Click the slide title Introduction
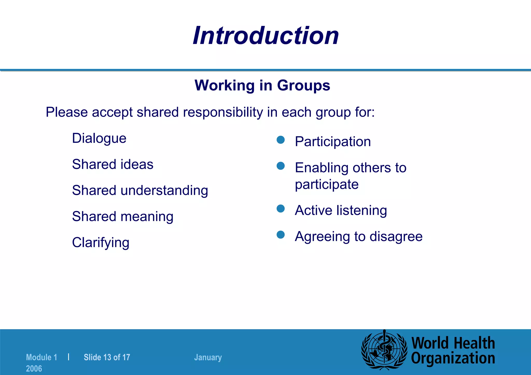(x=266, y=36)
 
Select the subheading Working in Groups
(x=262, y=85)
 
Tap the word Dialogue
(x=99, y=138)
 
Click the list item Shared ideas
(x=113, y=164)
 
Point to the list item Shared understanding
(x=140, y=190)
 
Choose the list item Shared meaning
(x=123, y=217)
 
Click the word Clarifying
(x=101, y=243)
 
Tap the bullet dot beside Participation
(x=281, y=140)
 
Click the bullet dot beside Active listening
(x=281, y=209)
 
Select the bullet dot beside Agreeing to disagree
(x=281, y=235)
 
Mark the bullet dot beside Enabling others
(x=281, y=166)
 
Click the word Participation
(x=333, y=142)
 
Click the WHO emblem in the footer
(x=384, y=350)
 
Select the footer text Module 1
(x=41, y=357)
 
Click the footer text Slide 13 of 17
(x=107, y=357)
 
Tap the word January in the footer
(x=208, y=357)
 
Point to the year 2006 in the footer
(x=34, y=369)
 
